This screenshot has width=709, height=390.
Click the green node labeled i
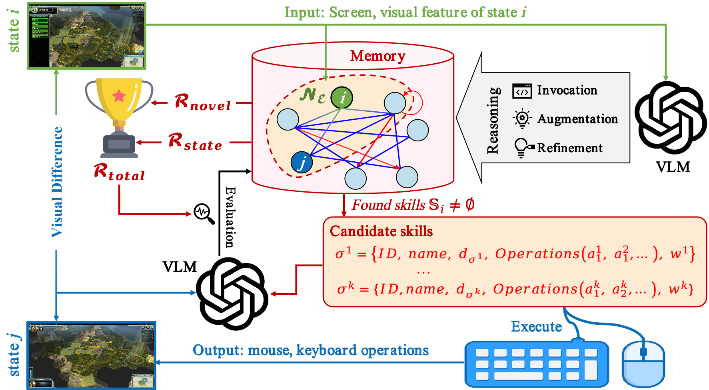pyautogui.click(x=342, y=98)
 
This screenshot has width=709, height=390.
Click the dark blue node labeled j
pyautogui.click(x=302, y=162)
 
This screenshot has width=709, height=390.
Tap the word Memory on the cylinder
pyautogui.click(x=377, y=56)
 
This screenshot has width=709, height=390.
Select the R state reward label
pyautogui.click(x=195, y=141)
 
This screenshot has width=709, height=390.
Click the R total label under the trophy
pyautogui.click(x=119, y=171)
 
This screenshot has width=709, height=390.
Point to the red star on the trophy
pyautogui.click(x=119, y=95)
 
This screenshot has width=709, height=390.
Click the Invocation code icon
pyautogui.click(x=522, y=91)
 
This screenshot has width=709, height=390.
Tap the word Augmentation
pyautogui.click(x=577, y=119)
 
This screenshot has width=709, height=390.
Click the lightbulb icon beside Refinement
pyautogui.click(x=522, y=148)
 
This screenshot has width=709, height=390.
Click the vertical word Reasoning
pyautogui.click(x=493, y=120)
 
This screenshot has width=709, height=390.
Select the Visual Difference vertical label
pyautogui.click(x=57, y=182)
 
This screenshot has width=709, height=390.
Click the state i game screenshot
pyautogui.click(x=87, y=36)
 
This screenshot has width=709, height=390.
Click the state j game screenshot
pyautogui.click(x=91, y=356)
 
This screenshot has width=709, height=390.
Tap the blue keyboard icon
pyautogui.click(x=536, y=364)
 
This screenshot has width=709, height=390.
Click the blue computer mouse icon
pyautogui.click(x=643, y=364)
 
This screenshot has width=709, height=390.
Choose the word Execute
pyautogui.click(x=536, y=326)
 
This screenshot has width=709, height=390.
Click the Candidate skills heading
pyautogui.click(x=381, y=231)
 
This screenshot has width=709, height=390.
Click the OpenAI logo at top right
pyautogui.click(x=671, y=118)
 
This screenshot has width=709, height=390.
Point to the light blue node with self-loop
pyautogui.click(x=395, y=103)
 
